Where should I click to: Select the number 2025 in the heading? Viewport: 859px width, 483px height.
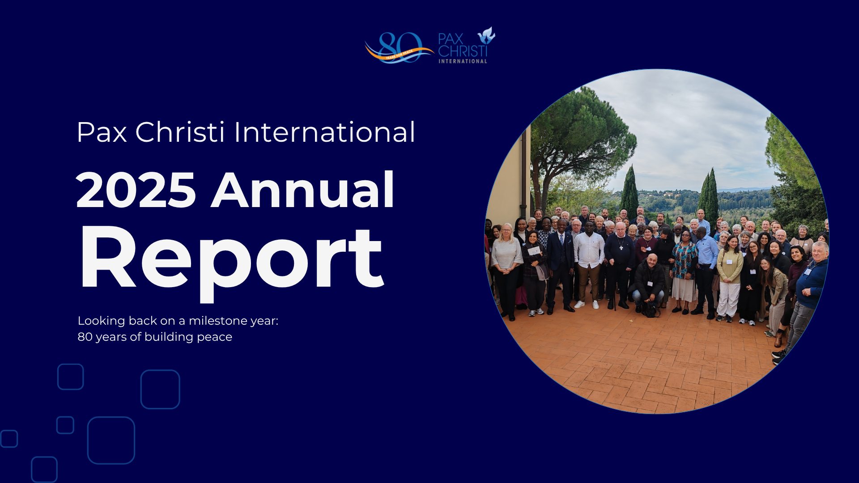[x=136, y=191]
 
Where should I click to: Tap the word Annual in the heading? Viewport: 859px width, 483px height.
[x=303, y=190]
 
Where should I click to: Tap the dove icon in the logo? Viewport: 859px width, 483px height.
[x=486, y=35]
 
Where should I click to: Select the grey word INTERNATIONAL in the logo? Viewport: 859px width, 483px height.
[x=463, y=61]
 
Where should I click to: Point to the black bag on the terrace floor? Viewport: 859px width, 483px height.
[x=651, y=309]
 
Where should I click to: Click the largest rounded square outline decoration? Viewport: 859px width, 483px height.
[x=111, y=440]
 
